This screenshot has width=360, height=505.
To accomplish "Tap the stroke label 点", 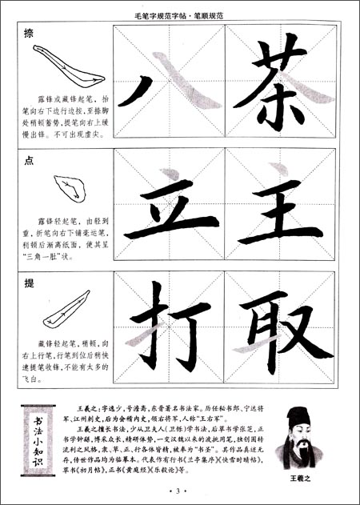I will click(29, 160).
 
